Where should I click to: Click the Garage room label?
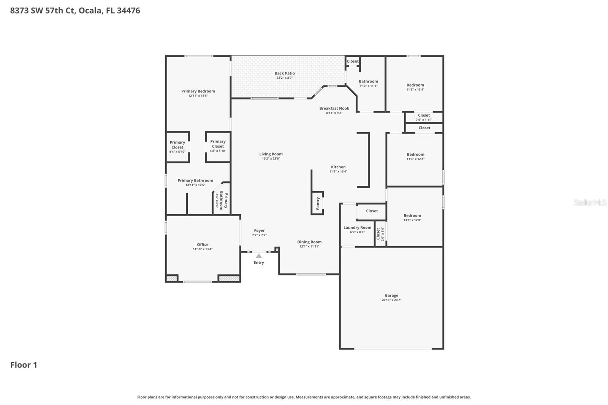[391, 295]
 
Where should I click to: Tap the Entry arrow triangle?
[259, 256]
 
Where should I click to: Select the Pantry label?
[318, 203]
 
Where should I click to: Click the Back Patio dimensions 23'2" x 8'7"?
[284, 78]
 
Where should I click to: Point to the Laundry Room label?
[357, 228]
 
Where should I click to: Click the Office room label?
[203, 245]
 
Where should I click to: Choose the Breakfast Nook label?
[334, 108]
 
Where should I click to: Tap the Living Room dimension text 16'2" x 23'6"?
[271, 158]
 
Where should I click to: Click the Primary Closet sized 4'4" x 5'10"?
[177, 147]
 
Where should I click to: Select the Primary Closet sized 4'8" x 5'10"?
[218, 146]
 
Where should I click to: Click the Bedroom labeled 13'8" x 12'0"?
[412, 217]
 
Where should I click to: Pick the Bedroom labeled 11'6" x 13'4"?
[415, 87]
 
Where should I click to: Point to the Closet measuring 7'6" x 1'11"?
[424, 117]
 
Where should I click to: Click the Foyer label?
[259, 231]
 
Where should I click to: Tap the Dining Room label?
[309, 242]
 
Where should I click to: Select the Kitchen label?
[338, 167]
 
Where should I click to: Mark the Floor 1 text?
[24, 365]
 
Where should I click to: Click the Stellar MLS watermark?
[590, 202]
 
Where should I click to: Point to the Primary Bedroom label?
[198, 91]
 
